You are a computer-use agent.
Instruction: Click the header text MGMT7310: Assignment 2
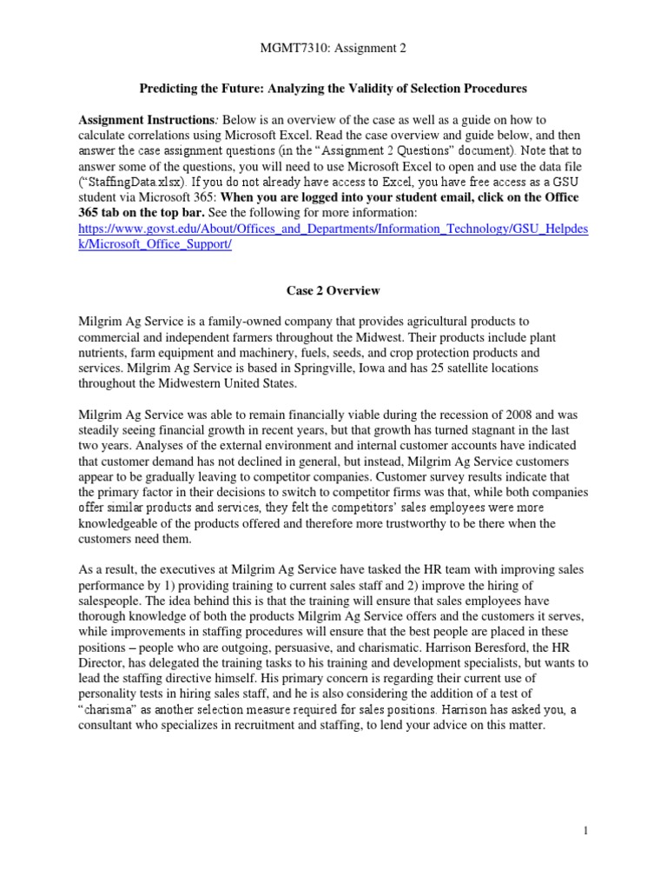pos(333,49)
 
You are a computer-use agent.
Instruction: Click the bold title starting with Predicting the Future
pos(333,89)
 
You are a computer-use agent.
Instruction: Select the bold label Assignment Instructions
pos(136,119)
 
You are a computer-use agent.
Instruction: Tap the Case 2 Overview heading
pos(333,290)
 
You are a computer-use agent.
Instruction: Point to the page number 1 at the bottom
pos(587,831)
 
